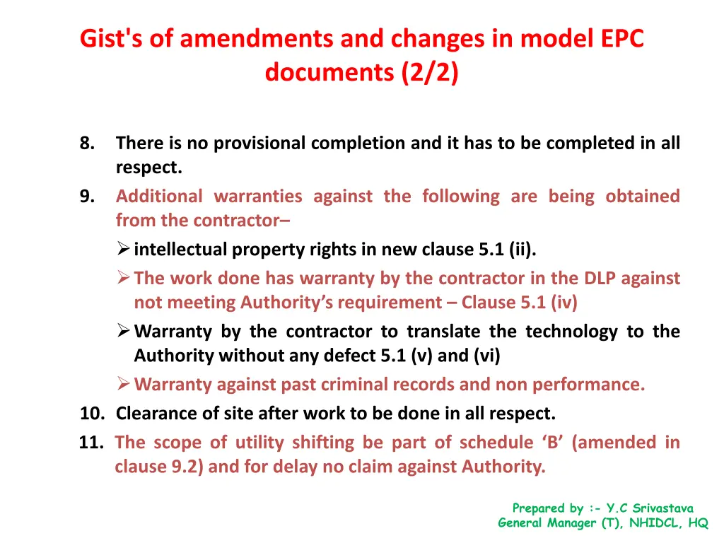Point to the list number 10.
click(x=91, y=412)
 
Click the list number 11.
click(x=91, y=443)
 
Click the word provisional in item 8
click(x=259, y=144)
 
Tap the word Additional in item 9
click(x=159, y=197)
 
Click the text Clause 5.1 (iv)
click(x=519, y=303)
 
